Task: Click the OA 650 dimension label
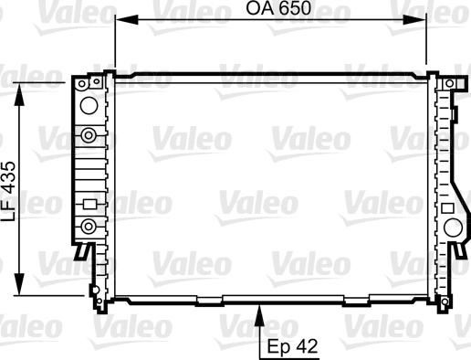point(278,8)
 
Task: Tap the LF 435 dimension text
point(8,191)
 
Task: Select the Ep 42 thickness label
point(292,346)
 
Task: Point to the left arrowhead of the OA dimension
point(127,20)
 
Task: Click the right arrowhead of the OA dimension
point(414,20)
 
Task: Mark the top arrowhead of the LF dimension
point(19,94)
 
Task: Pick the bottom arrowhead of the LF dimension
point(19,284)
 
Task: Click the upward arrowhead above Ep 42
point(259,316)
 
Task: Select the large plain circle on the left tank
point(89,105)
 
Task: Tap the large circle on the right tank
point(453,228)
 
